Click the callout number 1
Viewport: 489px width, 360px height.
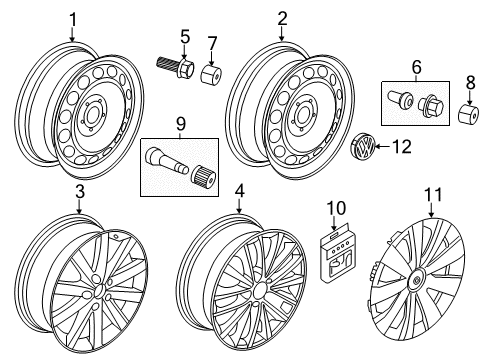coord(73,20)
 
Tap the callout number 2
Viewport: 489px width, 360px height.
coord(282,19)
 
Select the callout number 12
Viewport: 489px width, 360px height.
coord(402,147)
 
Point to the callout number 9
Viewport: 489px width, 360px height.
coord(180,124)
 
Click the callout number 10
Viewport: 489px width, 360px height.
coord(336,208)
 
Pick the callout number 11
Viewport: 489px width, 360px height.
coord(433,195)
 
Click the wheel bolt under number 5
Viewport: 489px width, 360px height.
coord(176,66)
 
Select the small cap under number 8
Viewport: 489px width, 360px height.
coord(469,113)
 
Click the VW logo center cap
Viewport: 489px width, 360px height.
coord(363,148)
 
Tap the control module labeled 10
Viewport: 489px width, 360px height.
coord(338,254)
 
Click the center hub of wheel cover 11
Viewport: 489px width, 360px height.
coord(416,280)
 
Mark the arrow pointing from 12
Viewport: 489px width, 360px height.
coord(383,147)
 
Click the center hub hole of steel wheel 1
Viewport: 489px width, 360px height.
coord(91,116)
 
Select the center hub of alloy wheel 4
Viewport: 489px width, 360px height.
coord(259,291)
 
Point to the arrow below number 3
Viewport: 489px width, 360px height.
coord(79,206)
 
